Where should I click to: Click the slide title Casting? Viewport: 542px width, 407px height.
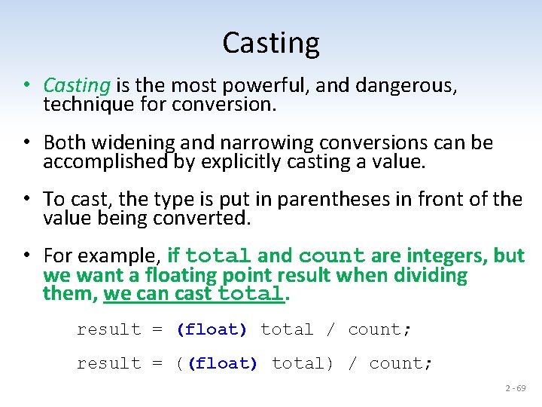[x=271, y=43]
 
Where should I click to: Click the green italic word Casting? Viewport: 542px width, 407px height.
[x=78, y=86]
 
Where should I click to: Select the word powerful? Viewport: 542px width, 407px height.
[x=269, y=86]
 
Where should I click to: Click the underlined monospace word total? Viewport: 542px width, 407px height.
[x=251, y=294]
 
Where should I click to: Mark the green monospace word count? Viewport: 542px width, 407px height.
[x=331, y=256]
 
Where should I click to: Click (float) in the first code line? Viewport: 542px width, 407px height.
[x=212, y=329]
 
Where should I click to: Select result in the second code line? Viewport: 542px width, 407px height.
[x=109, y=363]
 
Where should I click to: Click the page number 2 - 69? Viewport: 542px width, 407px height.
[x=516, y=388]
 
